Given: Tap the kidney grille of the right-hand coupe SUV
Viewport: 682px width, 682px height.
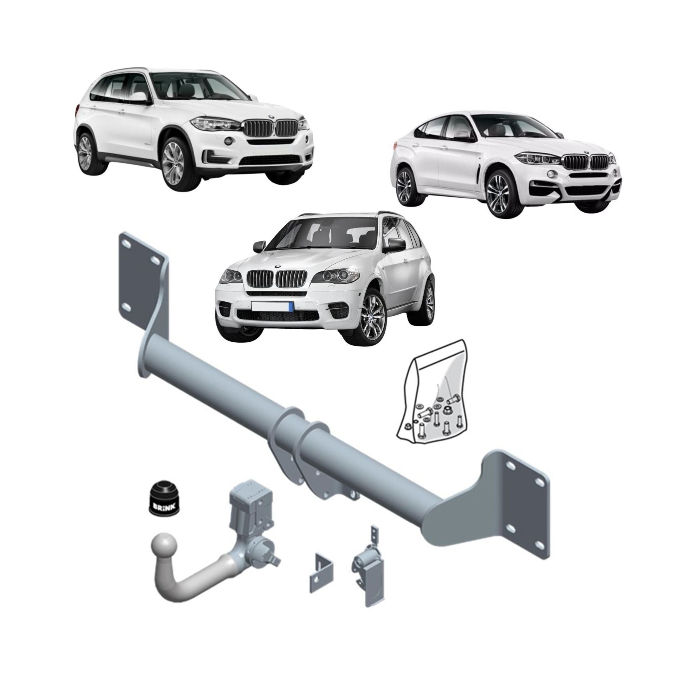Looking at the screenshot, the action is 586,161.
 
